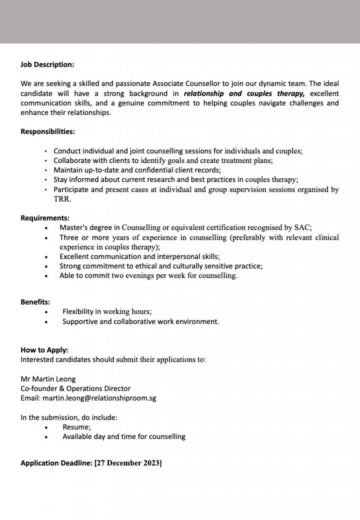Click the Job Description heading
click(47, 64)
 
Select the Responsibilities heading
click(48, 132)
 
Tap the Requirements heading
click(45, 218)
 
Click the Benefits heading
click(35, 302)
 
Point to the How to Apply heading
click(44, 350)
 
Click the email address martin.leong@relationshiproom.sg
click(100, 398)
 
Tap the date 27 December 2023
click(128, 464)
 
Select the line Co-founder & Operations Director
click(75, 388)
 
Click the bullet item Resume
click(77, 427)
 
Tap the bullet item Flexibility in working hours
click(107, 311)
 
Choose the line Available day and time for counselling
click(124, 436)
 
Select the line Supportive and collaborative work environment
click(141, 321)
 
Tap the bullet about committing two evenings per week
click(148, 276)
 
